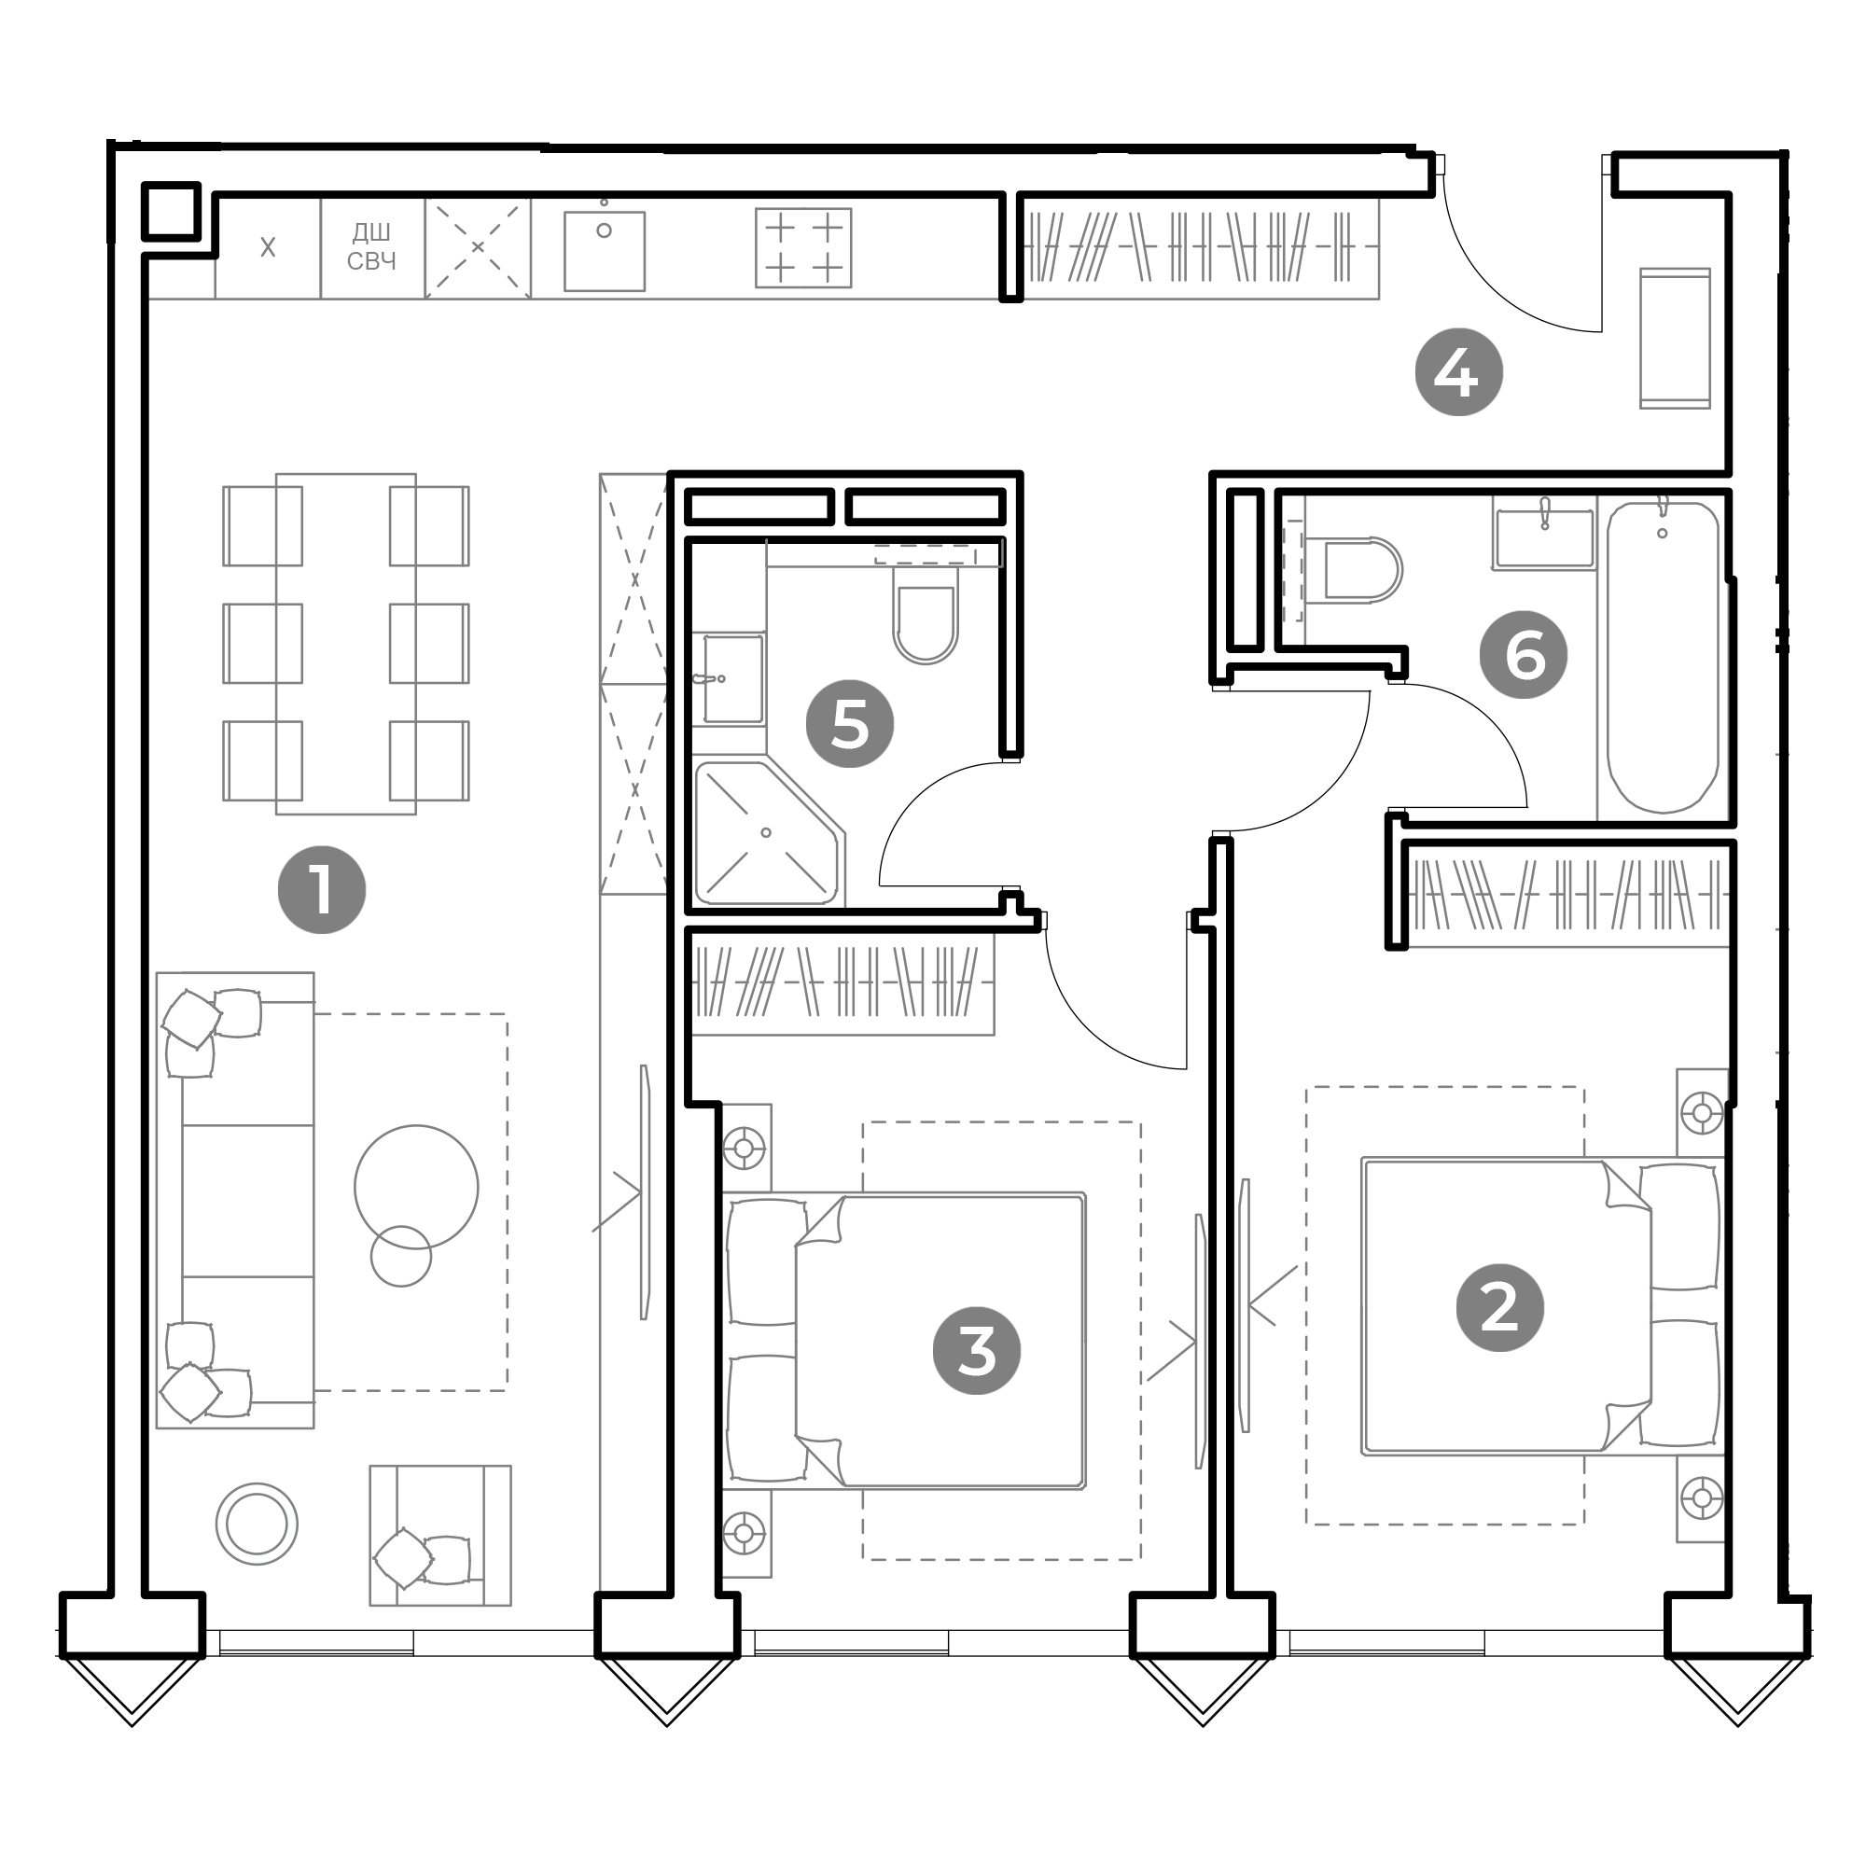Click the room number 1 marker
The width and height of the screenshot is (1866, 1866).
(x=322, y=889)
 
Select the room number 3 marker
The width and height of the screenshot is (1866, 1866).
(x=977, y=1351)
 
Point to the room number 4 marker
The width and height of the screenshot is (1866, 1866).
(x=1458, y=373)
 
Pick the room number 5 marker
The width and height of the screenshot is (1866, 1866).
(x=850, y=724)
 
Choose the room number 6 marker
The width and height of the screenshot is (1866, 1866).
(x=1524, y=655)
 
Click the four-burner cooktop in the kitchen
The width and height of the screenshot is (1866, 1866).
(x=802, y=247)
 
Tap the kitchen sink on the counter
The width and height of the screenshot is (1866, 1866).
(x=604, y=250)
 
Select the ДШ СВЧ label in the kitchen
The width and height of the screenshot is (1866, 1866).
(x=372, y=246)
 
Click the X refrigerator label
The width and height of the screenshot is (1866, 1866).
(x=268, y=247)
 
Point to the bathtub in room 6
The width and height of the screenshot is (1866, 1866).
(x=1663, y=657)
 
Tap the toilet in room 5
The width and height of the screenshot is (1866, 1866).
(x=926, y=615)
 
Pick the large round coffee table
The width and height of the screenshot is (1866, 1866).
(x=415, y=1187)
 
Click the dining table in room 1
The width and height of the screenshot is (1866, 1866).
(x=346, y=643)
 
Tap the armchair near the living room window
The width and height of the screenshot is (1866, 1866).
(x=439, y=1536)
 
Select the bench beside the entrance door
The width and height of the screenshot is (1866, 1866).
(x=1675, y=338)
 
